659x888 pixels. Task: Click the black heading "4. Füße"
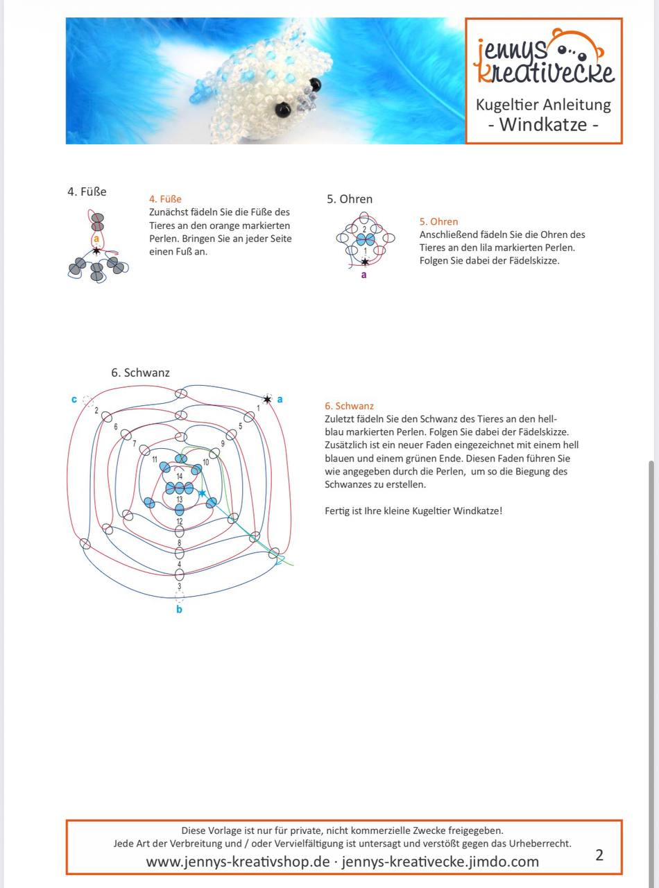87,191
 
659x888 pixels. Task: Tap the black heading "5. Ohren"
350,199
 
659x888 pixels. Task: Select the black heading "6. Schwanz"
140,373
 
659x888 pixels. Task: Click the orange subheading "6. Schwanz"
349,406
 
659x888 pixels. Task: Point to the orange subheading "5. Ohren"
438,221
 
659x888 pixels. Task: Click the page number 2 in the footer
599,855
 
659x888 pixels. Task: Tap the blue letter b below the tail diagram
179,610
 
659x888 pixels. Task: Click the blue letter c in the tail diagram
74,400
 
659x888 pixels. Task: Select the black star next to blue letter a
267,400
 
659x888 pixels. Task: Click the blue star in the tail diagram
202,494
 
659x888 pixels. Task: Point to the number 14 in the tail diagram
179,476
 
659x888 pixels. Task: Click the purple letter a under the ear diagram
364,275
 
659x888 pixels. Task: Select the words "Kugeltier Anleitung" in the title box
543,105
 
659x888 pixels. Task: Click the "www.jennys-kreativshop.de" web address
238,862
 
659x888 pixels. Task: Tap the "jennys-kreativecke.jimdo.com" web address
440,862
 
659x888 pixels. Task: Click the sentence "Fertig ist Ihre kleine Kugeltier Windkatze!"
413,511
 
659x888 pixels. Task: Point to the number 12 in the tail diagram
179,522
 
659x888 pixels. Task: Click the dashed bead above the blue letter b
179,597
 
